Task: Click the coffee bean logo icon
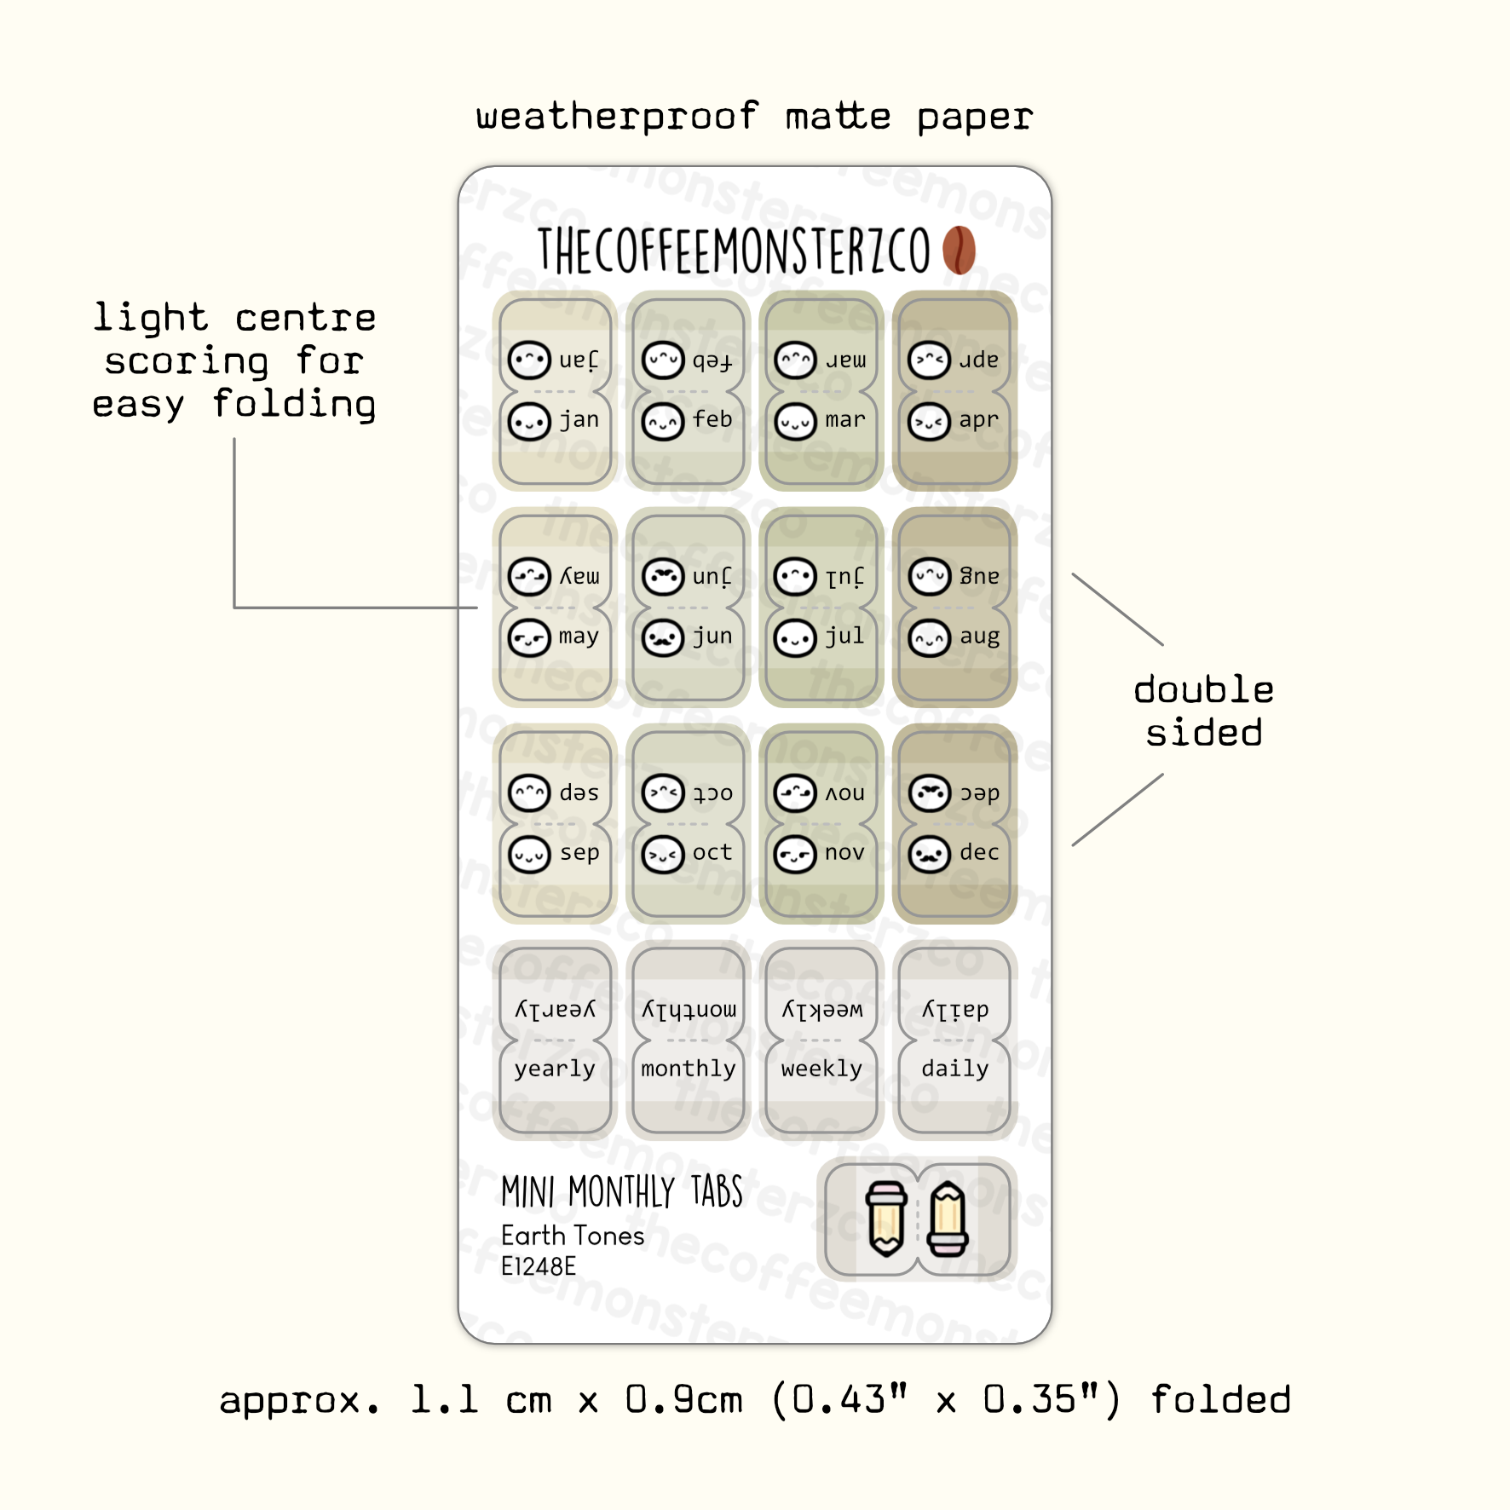click(959, 250)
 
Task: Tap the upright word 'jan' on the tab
click(579, 420)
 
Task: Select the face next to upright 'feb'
click(663, 422)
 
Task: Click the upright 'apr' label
click(978, 420)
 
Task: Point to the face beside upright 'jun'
click(663, 637)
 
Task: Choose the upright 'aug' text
click(979, 637)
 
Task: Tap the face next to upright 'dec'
click(929, 854)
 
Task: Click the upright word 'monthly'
click(688, 1069)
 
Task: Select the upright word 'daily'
click(954, 1069)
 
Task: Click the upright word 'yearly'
click(555, 1069)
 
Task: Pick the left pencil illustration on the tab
click(886, 1219)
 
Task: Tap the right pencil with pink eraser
click(948, 1219)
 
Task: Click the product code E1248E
click(539, 1266)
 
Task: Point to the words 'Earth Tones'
click(573, 1236)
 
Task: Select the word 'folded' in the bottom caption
click(1220, 1400)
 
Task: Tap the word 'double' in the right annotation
click(1203, 689)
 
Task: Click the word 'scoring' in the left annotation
click(187, 361)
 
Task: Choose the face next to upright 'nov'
click(795, 854)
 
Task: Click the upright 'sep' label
click(579, 853)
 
